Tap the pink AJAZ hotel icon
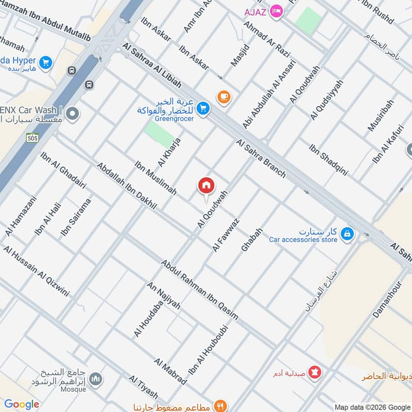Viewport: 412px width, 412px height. click(277, 11)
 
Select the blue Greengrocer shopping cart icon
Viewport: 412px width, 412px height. click(203, 108)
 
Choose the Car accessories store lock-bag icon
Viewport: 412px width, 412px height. click(348, 234)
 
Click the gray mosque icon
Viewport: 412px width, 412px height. click(96, 381)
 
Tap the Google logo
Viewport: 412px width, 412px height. click(22, 404)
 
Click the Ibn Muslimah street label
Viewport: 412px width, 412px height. click(156, 178)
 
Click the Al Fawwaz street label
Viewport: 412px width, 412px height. click(226, 235)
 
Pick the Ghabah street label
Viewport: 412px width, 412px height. click(252, 239)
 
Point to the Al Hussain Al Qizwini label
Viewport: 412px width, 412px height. click(36, 271)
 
